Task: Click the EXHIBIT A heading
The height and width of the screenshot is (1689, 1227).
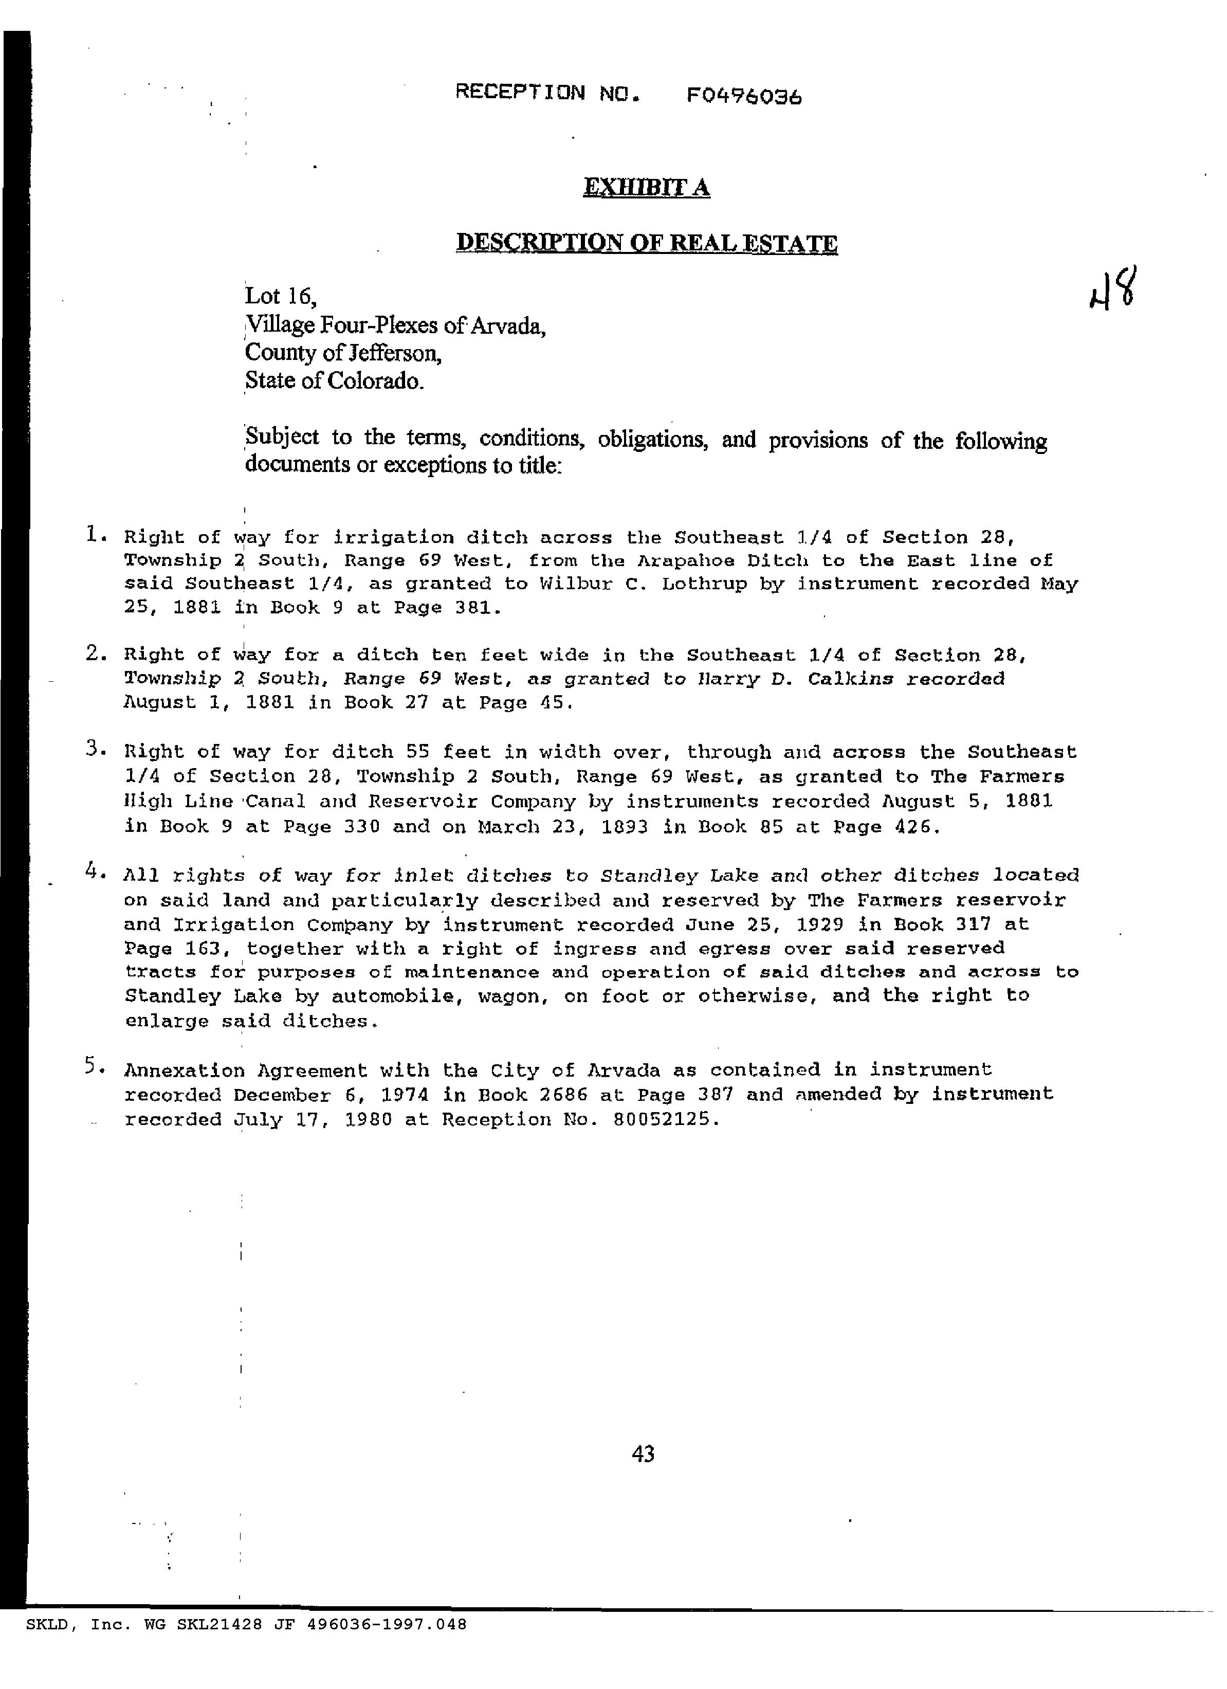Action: [x=646, y=188]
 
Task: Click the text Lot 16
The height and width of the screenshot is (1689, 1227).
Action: [x=281, y=296]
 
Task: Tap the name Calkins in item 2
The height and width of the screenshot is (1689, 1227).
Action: [x=850, y=679]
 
